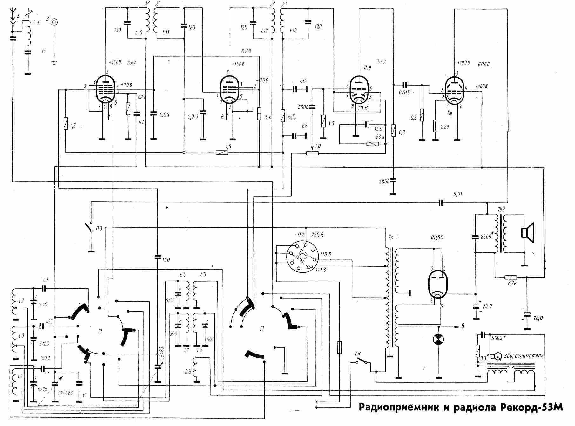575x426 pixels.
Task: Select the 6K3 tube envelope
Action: pyautogui.click(x=230, y=89)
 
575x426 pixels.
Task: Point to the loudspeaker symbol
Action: pyautogui.click(x=528, y=230)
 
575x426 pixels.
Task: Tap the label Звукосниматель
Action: pyautogui.click(x=524, y=355)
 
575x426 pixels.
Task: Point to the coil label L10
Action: pyautogui.click(x=139, y=32)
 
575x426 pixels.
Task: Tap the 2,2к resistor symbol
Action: pyautogui.click(x=511, y=278)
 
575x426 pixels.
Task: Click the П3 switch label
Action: pyautogui.click(x=99, y=229)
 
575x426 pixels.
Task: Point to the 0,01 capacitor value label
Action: pyautogui.click(x=458, y=194)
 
